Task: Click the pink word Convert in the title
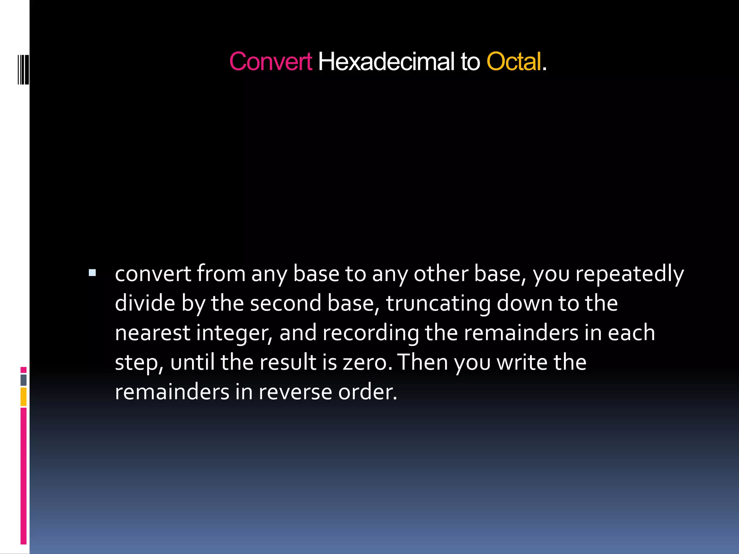click(270, 62)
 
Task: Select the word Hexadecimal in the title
click(386, 62)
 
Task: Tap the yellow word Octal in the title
click(513, 62)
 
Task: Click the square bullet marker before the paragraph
click(92, 273)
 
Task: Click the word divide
click(145, 303)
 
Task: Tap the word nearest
click(152, 333)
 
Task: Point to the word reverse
click(295, 392)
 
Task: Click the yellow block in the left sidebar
click(23, 397)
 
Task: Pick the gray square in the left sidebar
click(23, 380)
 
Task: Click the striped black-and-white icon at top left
click(23, 69)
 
